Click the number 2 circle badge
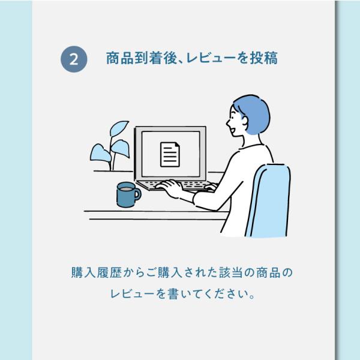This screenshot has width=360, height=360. [x=74, y=59]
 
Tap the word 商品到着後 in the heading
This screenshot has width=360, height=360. [x=142, y=58]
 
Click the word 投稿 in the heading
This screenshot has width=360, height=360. [x=264, y=58]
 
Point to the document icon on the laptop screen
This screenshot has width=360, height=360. [x=170, y=154]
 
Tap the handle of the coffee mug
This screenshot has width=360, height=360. [x=138, y=194]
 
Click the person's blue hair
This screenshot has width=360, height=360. [x=254, y=113]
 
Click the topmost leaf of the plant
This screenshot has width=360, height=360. [x=119, y=128]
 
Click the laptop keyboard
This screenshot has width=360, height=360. [x=176, y=185]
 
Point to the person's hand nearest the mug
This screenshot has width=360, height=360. [x=169, y=187]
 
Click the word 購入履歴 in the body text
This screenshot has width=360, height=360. [x=96, y=273]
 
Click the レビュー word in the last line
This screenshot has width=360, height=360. [x=132, y=294]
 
